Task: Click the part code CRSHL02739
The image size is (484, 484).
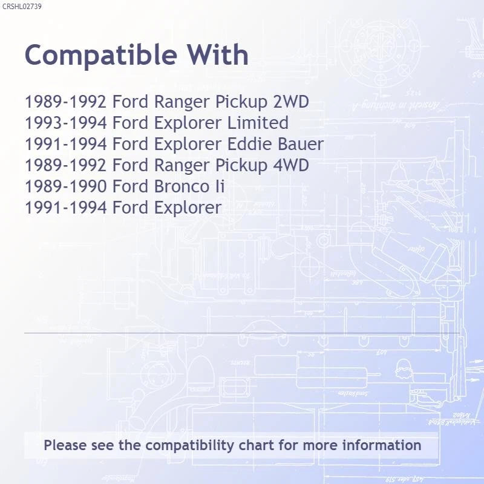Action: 22,7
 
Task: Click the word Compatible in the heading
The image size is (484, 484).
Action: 101,56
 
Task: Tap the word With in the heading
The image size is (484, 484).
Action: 218,54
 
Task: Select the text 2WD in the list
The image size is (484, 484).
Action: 291,102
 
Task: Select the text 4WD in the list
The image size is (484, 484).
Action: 291,165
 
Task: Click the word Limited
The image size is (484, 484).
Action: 258,123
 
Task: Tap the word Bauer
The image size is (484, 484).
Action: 301,144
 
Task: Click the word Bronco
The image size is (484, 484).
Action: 182,186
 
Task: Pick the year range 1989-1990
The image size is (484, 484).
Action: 66,186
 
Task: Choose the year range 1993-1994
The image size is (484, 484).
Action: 66,123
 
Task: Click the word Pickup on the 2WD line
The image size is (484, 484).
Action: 241,102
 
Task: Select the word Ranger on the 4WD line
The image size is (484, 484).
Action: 182,166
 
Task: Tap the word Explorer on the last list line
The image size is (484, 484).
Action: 188,208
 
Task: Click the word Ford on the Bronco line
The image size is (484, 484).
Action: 130,186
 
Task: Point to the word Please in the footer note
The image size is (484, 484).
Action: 65,445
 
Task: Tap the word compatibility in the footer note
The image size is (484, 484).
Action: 189,446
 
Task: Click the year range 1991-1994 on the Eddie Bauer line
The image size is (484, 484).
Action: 66,144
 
